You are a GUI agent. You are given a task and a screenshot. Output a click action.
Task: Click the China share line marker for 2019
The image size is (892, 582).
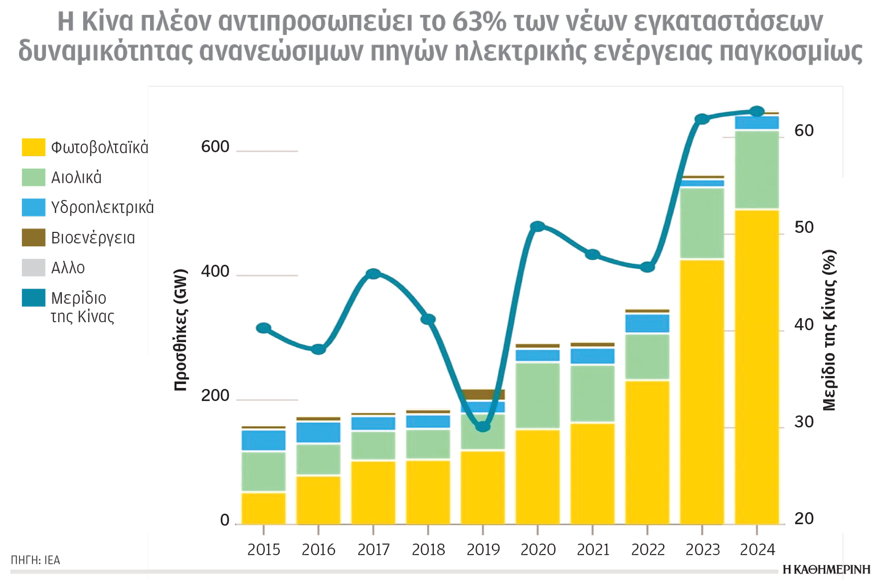point(483,426)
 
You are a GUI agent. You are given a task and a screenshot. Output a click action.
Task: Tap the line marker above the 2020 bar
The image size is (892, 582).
point(538,226)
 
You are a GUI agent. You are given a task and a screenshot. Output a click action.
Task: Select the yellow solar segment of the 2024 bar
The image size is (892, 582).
point(757,367)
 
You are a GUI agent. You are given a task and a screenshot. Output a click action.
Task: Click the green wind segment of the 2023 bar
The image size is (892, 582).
point(702,223)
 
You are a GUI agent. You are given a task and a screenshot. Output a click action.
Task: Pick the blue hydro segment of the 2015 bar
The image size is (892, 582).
point(263,440)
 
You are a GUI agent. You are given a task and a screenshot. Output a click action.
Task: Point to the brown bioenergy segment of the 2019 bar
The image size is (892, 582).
point(483,394)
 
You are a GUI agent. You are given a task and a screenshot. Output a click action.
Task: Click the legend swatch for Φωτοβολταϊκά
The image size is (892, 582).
point(33,147)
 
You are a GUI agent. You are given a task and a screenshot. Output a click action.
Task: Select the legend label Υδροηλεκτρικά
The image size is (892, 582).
point(102,207)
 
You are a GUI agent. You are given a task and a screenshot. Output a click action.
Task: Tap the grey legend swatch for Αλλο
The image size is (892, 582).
point(33,268)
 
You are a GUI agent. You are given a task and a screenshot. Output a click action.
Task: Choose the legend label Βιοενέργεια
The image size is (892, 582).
point(93,238)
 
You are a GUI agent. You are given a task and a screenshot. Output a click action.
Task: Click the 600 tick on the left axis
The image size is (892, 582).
point(215,147)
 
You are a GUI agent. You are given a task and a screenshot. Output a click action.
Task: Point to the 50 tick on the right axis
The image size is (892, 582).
point(804,227)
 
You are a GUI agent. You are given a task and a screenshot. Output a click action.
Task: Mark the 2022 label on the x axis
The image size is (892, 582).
point(648,550)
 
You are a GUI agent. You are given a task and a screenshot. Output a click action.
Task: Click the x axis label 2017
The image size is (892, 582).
point(373,550)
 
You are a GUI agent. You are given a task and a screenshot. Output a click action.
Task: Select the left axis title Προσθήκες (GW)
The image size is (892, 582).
point(180,330)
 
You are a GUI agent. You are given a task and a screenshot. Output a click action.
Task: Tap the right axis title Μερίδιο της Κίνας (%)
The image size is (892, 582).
point(829,330)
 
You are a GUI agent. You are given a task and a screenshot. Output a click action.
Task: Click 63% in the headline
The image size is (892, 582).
point(479,22)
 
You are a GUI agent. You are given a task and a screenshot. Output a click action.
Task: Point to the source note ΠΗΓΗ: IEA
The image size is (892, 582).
point(35,560)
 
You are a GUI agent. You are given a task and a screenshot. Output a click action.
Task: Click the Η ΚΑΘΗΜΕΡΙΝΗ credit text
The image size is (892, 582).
point(826,570)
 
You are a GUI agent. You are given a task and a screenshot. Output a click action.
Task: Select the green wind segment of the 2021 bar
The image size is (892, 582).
point(592,393)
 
